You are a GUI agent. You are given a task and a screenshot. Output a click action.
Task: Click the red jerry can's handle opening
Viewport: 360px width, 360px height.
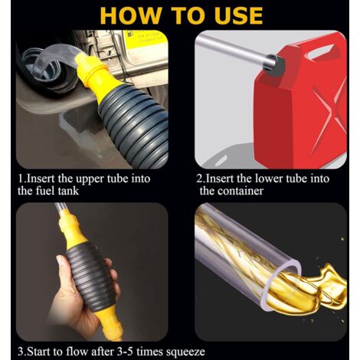(324, 51)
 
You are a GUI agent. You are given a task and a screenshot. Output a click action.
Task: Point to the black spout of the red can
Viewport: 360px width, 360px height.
(275, 65)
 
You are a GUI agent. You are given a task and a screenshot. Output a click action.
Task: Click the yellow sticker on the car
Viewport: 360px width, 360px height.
(146, 40)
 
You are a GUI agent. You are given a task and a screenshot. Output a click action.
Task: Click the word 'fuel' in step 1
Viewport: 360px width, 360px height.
(46, 191)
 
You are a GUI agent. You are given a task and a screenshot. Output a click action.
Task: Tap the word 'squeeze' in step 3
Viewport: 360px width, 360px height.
(185, 352)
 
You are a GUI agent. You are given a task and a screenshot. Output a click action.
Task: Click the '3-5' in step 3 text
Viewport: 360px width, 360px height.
(123, 352)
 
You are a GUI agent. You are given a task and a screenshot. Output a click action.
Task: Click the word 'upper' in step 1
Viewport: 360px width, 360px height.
(87, 179)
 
